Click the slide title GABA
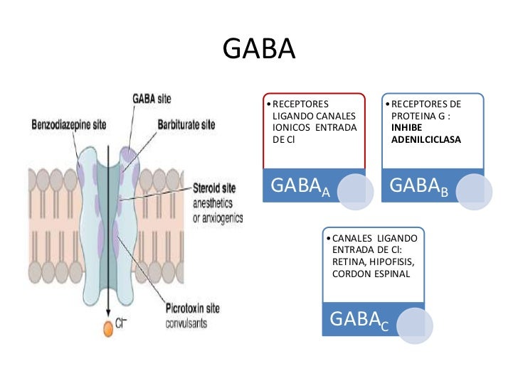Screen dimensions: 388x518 (258, 50)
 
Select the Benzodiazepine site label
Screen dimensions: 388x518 (68, 124)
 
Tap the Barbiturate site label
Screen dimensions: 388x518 (186, 124)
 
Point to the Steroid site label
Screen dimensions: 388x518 (216, 190)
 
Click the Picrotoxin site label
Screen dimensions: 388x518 (197, 309)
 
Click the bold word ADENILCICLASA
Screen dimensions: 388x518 (425, 140)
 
